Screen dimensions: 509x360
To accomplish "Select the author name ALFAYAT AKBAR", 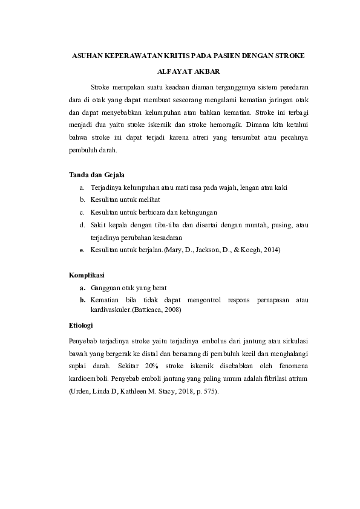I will pos(180,70).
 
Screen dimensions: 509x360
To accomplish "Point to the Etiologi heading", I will pos(83,325).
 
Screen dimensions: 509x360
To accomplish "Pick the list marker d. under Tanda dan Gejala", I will pos(82,225).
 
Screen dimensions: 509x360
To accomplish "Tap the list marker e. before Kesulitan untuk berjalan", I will pos(82,250).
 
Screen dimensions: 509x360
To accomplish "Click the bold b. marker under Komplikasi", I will pos(82,299).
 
